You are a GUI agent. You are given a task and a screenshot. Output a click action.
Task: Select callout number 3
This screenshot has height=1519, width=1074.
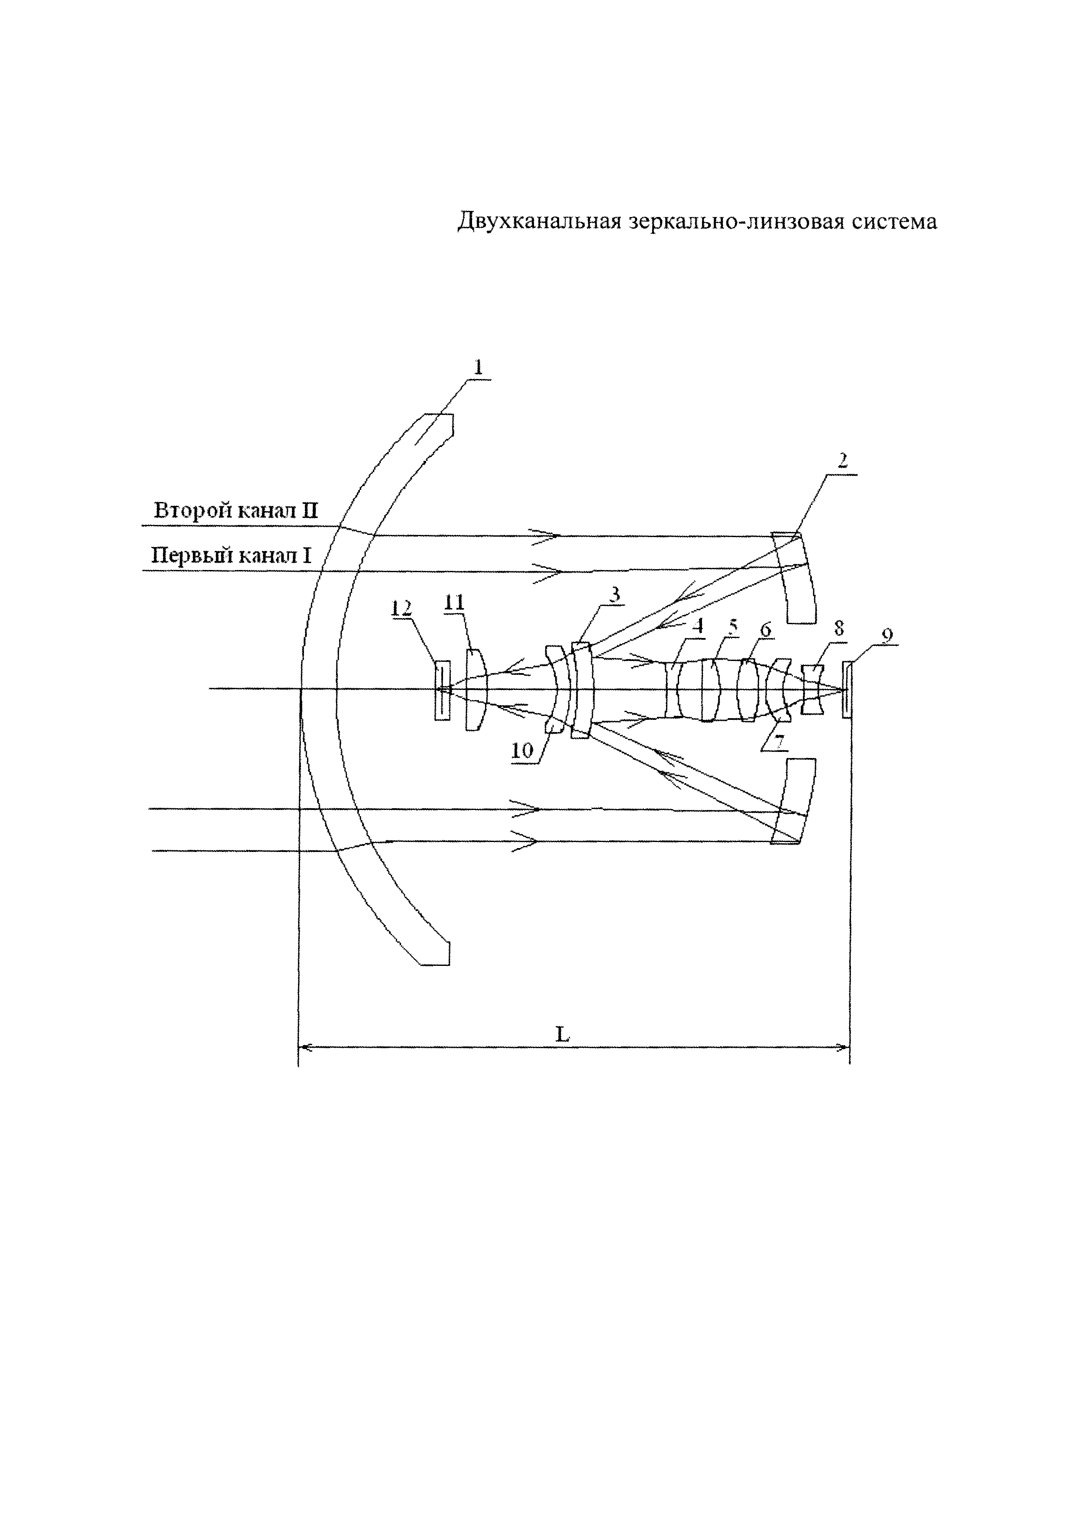615,595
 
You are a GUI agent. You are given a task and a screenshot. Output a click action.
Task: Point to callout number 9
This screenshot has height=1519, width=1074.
887,635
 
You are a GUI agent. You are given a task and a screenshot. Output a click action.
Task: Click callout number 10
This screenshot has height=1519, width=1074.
522,750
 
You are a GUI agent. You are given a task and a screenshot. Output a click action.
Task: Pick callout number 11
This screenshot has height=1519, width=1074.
454,602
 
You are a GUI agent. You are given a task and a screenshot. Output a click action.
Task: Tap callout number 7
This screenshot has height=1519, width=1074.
779,742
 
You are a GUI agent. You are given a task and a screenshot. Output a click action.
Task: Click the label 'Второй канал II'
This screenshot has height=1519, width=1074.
236,511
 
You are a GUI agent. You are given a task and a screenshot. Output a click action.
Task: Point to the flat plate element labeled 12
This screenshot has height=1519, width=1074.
442,690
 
